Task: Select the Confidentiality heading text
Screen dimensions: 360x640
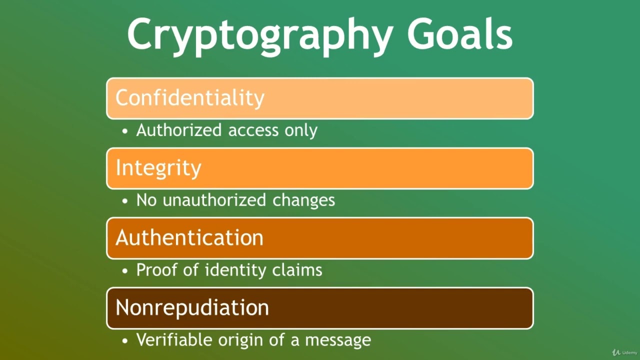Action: click(x=190, y=97)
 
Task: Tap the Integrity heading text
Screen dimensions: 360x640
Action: click(x=158, y=168)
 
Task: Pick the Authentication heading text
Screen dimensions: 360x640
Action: click(x=189, y=237)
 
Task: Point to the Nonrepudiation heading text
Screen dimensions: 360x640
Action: click(x=192, y=307)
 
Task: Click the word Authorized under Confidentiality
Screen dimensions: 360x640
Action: click(x=179, y=130)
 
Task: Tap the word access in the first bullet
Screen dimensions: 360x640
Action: click(x=253, y=130)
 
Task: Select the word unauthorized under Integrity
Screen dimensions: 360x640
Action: click(x=215, y=200)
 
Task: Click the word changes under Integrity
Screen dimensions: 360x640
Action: click(x=303, y=200)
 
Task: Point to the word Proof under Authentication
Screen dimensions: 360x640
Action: click(x=156, y=270)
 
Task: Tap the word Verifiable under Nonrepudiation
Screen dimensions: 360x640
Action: click(x=175, y=340)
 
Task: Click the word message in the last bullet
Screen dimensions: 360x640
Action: click(x=338, y=340)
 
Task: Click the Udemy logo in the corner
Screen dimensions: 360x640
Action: click(x=625, y=352)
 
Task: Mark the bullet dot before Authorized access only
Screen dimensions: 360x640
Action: click(x=125, y=131)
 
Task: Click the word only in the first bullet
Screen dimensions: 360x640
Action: click(x=301, y=130)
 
